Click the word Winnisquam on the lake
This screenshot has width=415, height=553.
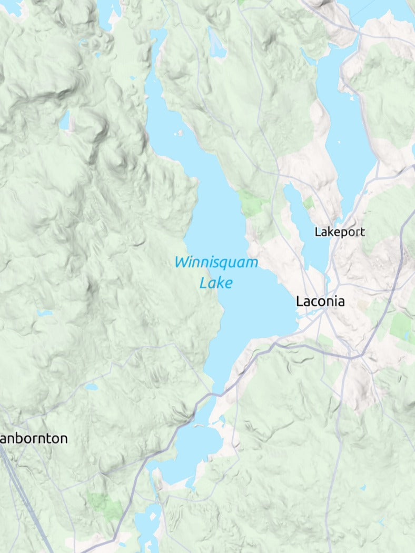click(x=216, y=262)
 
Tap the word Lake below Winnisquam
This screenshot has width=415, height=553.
click(x=216, y=283)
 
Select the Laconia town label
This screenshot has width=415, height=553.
click(x=320, y=301)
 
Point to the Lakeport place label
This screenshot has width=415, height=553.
click(x=339, y=232)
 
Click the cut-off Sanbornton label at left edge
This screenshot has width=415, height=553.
click(x=34, y=438)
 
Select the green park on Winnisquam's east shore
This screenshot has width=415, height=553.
click(x=253, y=203)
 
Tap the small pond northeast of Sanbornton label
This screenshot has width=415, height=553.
click(x=91, y=387)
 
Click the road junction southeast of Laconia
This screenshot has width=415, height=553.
click(x=352, y=358)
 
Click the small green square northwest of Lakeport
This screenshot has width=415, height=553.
click(x=308, y=202)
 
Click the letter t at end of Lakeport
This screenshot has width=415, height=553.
click(x=362, y=232)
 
